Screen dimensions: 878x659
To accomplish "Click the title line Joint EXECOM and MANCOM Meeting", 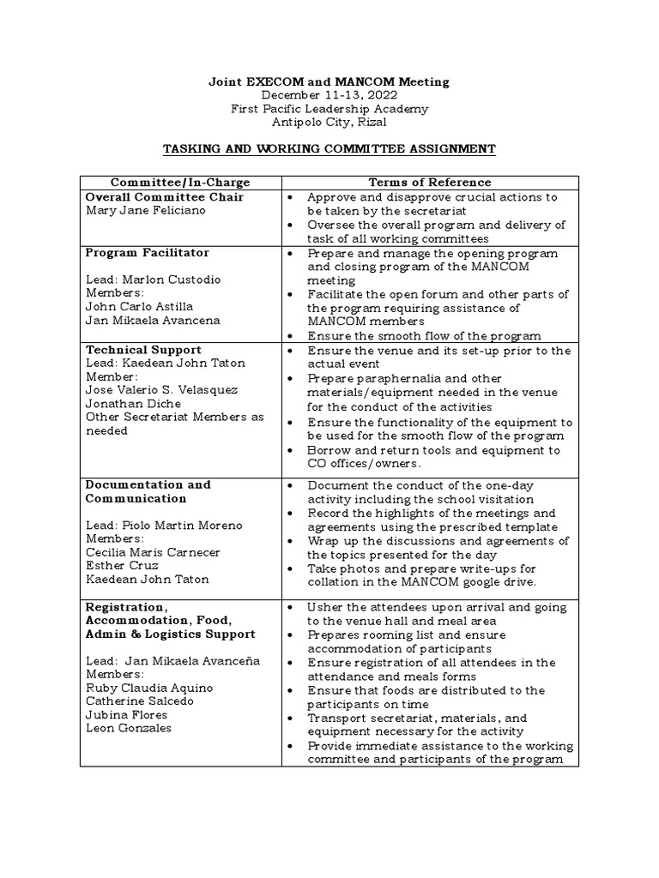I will tap(329, 81).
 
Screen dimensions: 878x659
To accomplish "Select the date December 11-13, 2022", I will tap(329, 95).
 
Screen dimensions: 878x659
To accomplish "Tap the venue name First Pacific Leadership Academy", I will tap(329, 109).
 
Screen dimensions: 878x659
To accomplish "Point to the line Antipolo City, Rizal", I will tap(329, 123).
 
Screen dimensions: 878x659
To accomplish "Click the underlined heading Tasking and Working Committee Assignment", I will tap(329, 149).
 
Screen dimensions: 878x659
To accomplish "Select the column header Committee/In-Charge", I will tap(180, 183).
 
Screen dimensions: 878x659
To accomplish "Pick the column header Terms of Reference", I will tap(430, 183).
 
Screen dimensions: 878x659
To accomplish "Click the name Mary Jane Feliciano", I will tap(146, 211).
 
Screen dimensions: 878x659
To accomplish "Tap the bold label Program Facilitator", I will tap(148, 253).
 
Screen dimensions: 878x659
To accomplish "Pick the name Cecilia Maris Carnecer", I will tap(153, 552).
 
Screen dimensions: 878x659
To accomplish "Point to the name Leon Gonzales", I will tap(129, 728).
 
